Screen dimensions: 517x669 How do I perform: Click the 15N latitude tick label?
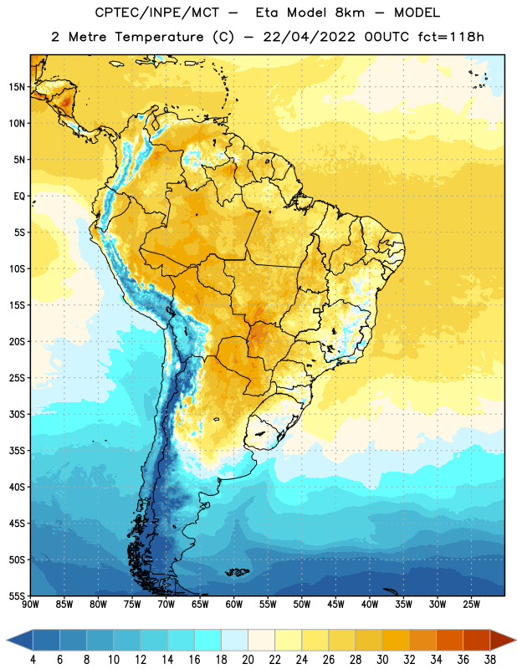coord(17,87)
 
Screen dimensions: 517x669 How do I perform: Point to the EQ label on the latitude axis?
coord(19,197)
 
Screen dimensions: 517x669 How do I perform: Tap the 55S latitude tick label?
coord(17,595)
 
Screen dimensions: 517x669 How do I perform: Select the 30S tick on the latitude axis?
coord(17,414)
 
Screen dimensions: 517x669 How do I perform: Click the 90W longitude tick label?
coord(30,604)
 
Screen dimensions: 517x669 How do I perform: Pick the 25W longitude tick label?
coord(471,604)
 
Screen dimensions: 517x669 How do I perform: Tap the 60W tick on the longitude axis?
coord(234,604)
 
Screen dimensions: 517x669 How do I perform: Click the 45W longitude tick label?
coord(335,604)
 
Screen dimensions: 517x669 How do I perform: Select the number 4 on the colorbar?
coord(33,660)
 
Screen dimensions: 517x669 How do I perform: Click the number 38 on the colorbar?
coord(490,660)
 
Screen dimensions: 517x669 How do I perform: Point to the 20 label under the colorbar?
coord(248,660)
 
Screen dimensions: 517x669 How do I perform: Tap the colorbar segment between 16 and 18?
coord(208,641)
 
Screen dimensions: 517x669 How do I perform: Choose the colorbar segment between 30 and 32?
coord(397,641)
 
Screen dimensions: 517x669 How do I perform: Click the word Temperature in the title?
coord(159,37)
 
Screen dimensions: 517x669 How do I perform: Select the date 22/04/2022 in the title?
coord(309,37)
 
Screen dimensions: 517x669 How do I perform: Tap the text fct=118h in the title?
coord(451,37)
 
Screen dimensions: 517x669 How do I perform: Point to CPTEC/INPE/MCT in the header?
coord(156,13)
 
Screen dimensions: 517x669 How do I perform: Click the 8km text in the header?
coord(350,13)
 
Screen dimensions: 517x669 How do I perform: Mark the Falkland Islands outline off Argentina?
coord(237,572)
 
